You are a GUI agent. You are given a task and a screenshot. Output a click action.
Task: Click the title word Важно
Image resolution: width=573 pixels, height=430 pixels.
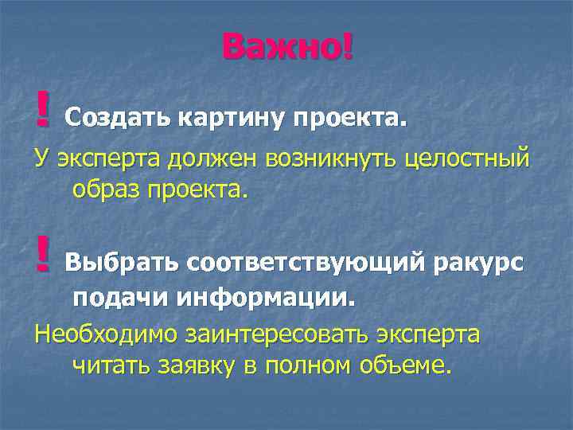pos(283,47)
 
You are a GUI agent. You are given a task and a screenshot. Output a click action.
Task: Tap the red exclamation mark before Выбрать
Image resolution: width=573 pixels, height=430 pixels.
pos(42,253)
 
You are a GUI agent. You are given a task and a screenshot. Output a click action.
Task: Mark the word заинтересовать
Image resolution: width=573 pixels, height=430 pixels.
pos(282,334)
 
